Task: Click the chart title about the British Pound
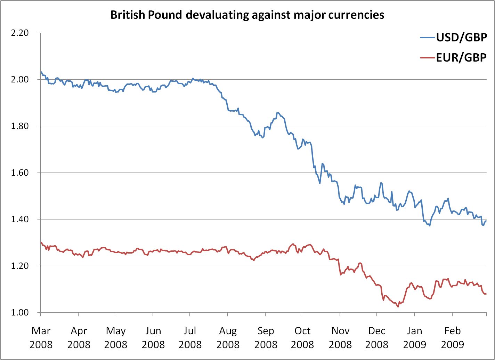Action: pos(247,15)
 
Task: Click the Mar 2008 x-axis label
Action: pos(41,337)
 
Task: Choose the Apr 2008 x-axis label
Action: pos(79,337)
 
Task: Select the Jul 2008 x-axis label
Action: pos(190,337)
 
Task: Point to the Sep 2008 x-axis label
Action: pos(266,337)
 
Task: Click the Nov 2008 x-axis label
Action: pos(340,337)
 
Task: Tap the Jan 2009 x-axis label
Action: pos(415,337)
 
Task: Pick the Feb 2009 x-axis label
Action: pos(452,337)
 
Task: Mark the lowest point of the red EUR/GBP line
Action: pos(398,306)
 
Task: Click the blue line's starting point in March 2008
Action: pos(41,72)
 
